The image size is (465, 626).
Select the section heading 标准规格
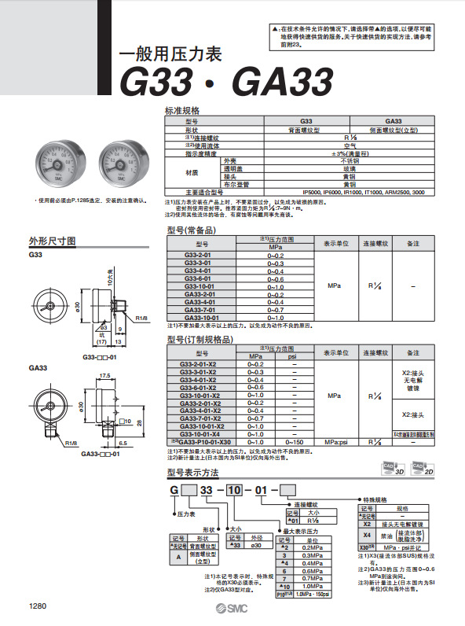(x=183, y=110)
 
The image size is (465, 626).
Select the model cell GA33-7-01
(x=199, y=310)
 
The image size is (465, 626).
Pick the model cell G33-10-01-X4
(x=200, y=434)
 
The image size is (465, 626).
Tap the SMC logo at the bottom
(x=232, y=610)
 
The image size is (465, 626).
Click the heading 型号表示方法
(x=193, y=473)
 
